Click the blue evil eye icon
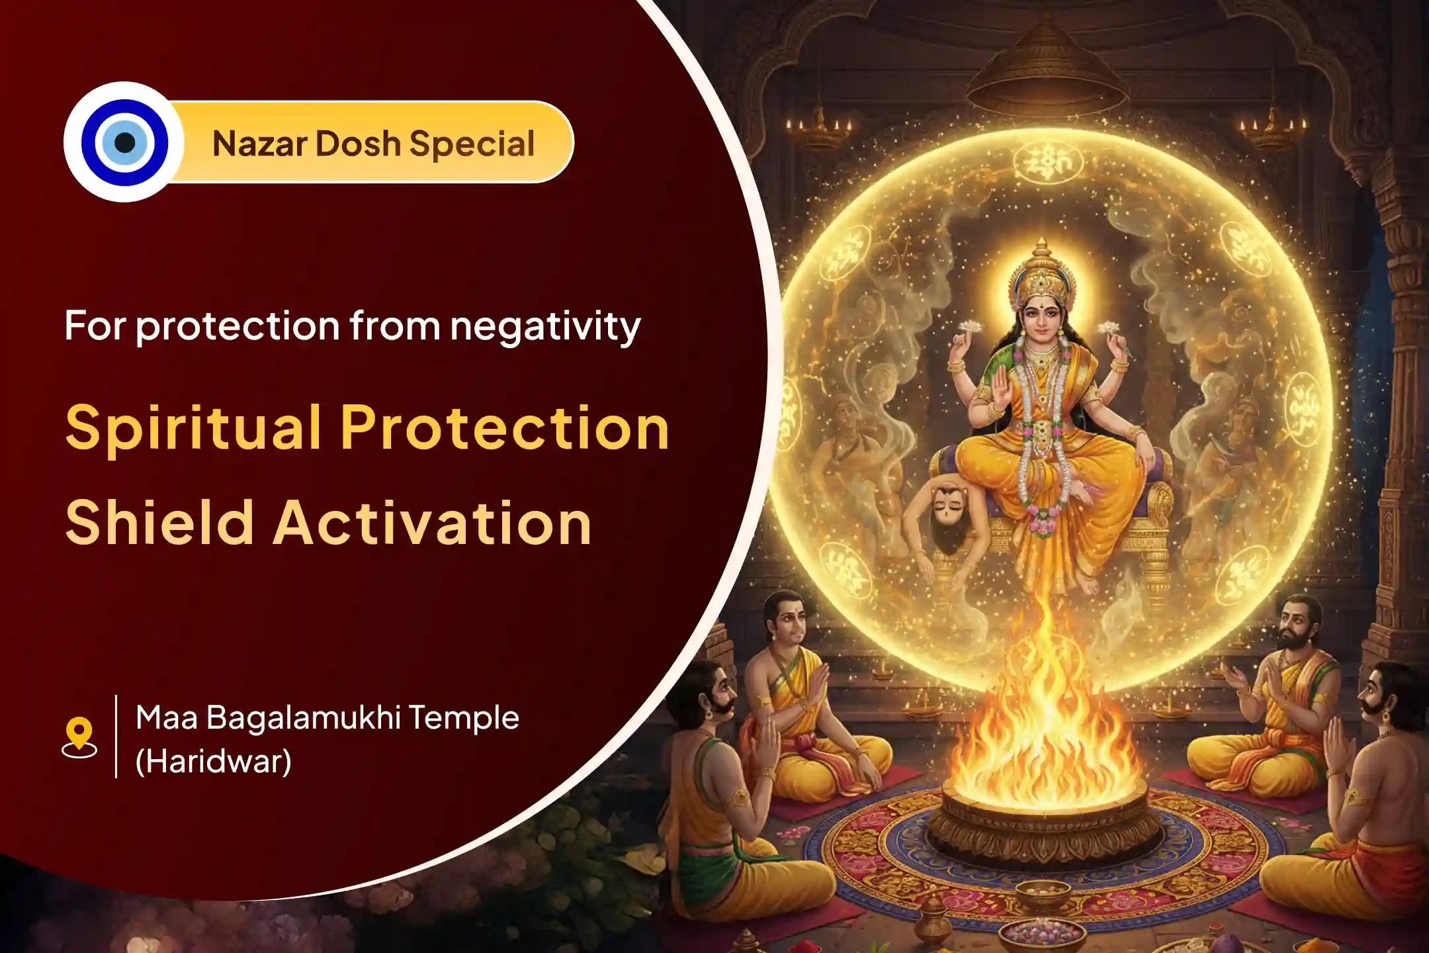click(x=124, y=142)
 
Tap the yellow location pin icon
click(x=79, y=737)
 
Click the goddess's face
click(x=1041, y=314)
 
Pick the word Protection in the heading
click(x=505, y=429)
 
